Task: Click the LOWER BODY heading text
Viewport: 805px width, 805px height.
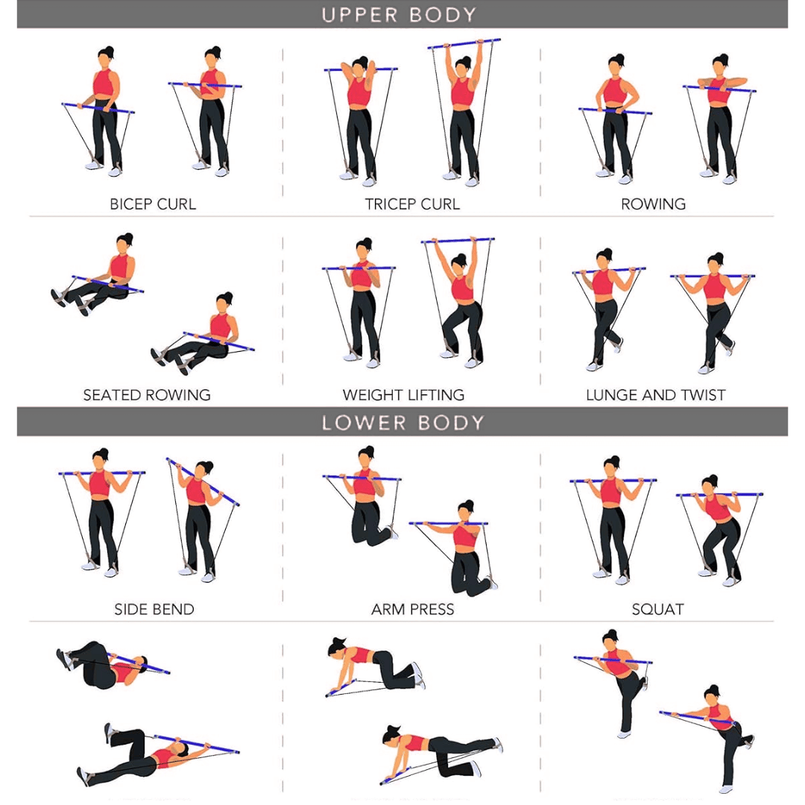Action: coord(402,423)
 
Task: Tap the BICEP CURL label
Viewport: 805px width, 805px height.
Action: coord(153,204)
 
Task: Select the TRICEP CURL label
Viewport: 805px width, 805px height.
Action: coord(412,204)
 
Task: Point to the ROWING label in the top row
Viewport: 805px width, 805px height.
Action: coord(653,204)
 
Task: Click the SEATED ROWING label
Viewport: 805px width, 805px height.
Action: coord(147,395)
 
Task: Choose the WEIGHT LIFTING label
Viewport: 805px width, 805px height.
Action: coord(403,395)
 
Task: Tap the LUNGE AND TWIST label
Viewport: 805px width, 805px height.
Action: coord(655,395)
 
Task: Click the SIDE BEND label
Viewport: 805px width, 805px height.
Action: coord(154,609)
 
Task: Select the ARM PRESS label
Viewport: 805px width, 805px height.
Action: coord(412,609)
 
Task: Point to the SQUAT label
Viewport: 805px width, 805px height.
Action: coord(657,609)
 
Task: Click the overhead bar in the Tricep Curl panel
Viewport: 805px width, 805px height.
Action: coord(464,45)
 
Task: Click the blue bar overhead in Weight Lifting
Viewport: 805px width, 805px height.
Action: coord(458,241)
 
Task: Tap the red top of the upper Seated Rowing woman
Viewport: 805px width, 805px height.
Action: coord(120,266)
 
